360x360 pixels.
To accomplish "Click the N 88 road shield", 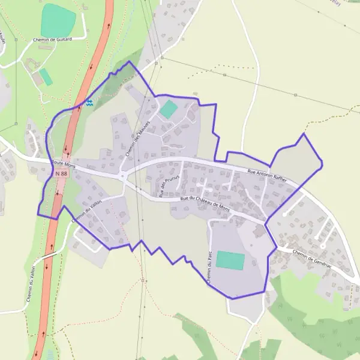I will click(x=61, y=173).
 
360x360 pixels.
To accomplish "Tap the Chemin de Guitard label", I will click(x=53, y=40).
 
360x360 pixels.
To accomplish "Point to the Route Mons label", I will click(x=63, y=163).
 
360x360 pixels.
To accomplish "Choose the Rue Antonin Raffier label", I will click(x=268, y=176).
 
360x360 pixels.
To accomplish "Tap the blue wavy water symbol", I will click(x=89, y=103).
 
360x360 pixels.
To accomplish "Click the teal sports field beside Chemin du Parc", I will click(x=230, y=260).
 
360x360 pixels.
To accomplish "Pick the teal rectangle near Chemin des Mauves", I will click(x=169, y=109).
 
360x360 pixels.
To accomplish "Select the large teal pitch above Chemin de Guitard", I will click(x=58, y=20).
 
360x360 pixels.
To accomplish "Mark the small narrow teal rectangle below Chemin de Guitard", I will click(x=46, y=77).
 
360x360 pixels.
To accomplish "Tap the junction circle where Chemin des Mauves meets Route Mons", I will click(x=122, y=176).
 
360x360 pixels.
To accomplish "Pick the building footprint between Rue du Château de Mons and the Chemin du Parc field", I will click(x=259, y=231).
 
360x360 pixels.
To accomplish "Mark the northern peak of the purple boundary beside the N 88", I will click(x=129, y=61).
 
